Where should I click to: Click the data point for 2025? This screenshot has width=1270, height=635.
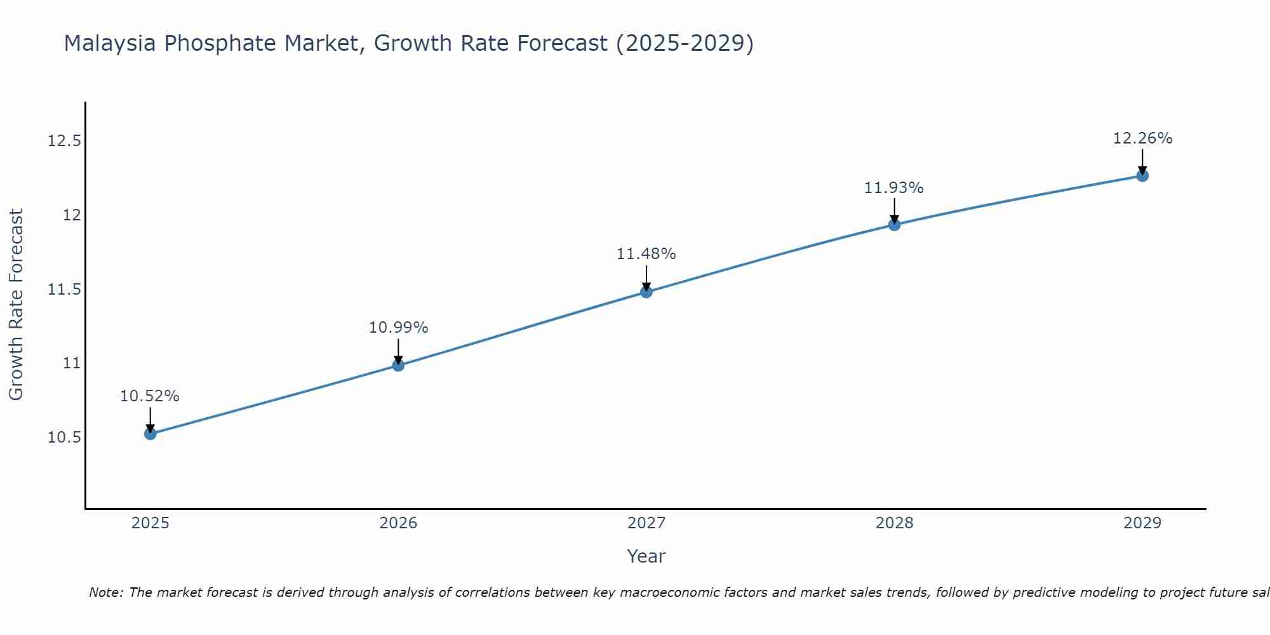tap(150, 434)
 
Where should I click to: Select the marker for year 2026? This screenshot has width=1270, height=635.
tap(398, 365)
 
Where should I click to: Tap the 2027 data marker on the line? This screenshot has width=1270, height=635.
tap(646, 292)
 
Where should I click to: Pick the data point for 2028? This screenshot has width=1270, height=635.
tap(894, 224)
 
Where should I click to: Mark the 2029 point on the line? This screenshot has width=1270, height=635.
tap(1142, 176)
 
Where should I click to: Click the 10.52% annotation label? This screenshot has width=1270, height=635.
tap(150, 396)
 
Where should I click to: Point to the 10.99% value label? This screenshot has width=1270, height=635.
tap(398, 328)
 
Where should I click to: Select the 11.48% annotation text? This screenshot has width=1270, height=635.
tap(646, 254)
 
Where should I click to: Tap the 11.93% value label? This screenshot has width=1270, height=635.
tap(894, 188)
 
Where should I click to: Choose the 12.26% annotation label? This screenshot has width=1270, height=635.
tap(1142, 138)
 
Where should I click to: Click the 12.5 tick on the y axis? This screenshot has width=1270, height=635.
tap(64, 141)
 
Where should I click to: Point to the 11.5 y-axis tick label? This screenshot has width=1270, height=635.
tap(64, 290)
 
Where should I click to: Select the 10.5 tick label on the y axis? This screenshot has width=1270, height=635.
tap(64, 438)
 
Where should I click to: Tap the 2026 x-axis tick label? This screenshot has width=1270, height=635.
tap(398, 523)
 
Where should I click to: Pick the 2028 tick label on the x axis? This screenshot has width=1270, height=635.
tap(894, 523)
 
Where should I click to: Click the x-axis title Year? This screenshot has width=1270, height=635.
tap(646, 556)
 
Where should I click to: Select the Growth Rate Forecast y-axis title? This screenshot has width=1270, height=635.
tap(17, 305)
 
